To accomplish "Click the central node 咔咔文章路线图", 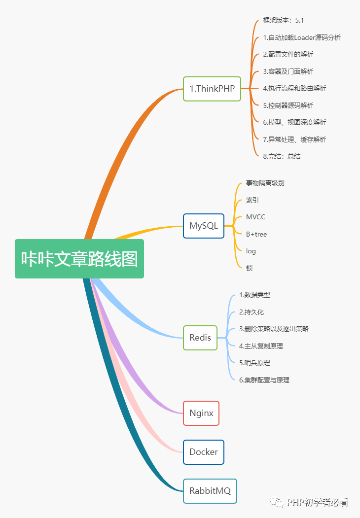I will coord(79,259).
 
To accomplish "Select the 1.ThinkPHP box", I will coord(212,89).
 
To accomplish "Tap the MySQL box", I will coord(204,226).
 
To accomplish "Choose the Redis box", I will coord(200,338).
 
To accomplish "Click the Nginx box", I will coord(201,413).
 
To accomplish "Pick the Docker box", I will coord(204,452).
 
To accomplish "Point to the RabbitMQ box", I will coord(210,491).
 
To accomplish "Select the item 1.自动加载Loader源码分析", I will coord(302,37).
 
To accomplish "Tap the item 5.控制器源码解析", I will coord(288,105).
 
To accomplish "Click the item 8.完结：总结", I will coord(282,156).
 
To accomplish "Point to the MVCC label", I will coord(255,217).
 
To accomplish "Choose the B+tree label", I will coord(256,234).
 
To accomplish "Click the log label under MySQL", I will coord(251,251).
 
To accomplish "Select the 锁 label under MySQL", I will coord(250,268).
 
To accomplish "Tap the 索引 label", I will coord(252,200).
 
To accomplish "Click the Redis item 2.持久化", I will coord(252,312).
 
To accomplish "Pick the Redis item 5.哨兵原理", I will coord(254,363).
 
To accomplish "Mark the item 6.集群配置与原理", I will coord(264,380).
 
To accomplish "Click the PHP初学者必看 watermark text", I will coord(318,503).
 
